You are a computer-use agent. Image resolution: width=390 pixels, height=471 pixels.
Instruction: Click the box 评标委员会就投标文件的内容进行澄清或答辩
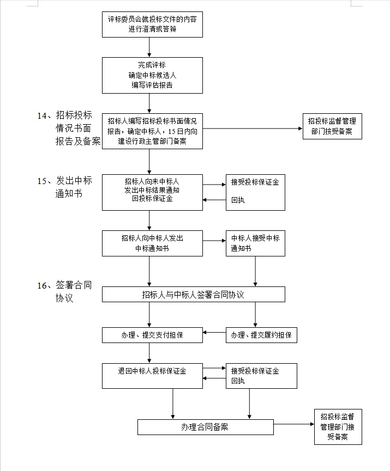[152, 24]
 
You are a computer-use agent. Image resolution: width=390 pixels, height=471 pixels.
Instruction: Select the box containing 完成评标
[152, 75]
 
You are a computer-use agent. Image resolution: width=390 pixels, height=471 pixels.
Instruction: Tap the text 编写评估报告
[152, 85]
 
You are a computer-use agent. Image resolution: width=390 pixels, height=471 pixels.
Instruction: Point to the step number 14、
[44, 115]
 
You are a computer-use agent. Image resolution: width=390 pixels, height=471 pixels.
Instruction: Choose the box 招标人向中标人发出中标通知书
[152, 243]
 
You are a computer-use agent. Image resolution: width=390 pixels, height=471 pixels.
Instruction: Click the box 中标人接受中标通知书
[255, 243]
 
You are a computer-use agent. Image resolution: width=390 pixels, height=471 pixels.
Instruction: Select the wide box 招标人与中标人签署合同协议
[193, 295]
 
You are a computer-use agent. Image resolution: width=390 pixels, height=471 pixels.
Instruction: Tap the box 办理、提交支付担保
[152, 335]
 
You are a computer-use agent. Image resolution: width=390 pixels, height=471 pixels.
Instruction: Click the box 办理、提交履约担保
[261, 335]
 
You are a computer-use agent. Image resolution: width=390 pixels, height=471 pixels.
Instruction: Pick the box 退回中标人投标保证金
[152, 376]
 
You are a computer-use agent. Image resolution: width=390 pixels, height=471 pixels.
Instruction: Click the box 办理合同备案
[205, 427]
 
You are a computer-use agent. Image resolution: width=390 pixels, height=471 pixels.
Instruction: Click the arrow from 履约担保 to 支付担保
[214, 331]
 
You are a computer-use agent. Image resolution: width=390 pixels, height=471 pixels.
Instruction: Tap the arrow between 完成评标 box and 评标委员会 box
[149, 47]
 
